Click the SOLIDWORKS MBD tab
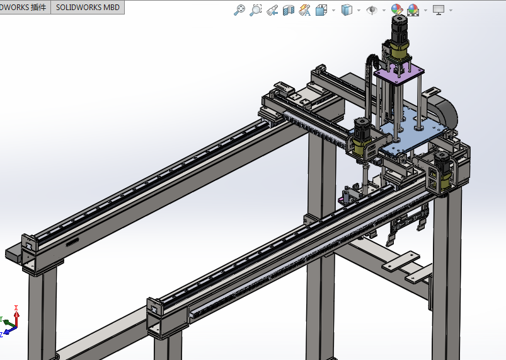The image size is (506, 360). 87,8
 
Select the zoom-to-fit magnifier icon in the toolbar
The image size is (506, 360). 239,9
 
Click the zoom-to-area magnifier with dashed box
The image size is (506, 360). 255,9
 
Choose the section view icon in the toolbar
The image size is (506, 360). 289,9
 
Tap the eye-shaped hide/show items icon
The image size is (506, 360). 372,9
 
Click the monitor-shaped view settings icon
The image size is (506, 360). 439,9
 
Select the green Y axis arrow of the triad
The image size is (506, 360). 8,323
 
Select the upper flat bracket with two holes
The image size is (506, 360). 398,259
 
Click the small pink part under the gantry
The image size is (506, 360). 342,200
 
